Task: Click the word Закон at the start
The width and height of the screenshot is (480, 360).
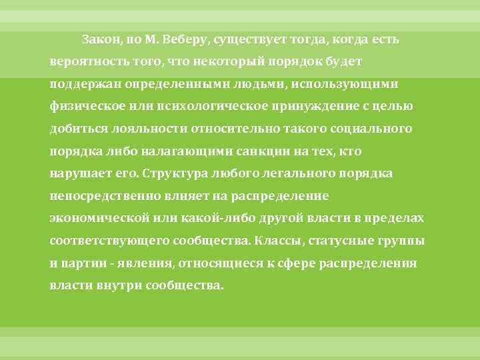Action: [100, 39]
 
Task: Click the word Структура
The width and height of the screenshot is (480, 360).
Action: [172, 174]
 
